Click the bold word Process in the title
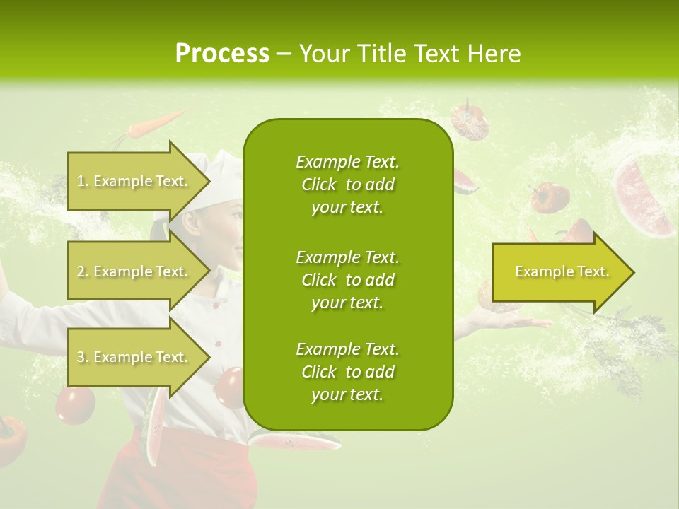pos(222,53)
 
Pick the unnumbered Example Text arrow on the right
pos(562,271)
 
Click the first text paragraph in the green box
pos(347,185)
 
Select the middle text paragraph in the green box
pos(347,279)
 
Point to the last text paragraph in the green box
pos(347,372)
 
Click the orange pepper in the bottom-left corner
pos(13,438)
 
